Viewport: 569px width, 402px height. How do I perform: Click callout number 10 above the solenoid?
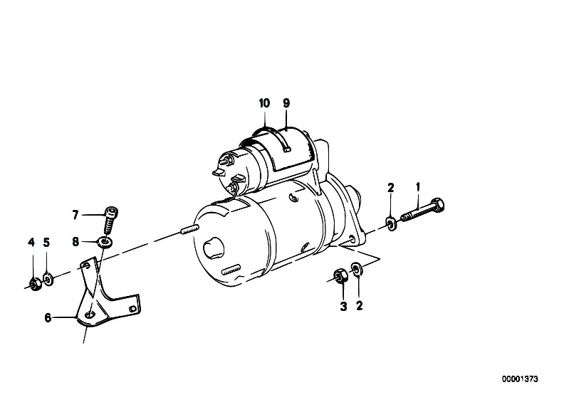point(264,103)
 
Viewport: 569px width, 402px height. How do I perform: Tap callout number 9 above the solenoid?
point(286,103)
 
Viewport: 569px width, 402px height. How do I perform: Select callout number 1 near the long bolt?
point(418,187)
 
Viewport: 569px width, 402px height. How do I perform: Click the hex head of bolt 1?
point(438,205)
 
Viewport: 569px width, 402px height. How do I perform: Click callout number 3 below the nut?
point(343,307)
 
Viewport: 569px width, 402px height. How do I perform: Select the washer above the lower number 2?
point(356,269)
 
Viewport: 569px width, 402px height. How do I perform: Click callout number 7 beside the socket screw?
point(75,215)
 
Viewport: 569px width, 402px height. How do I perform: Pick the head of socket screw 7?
point(111,212)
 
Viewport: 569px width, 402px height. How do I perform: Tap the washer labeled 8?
point(105,242)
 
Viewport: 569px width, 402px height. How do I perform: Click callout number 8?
point(75,242)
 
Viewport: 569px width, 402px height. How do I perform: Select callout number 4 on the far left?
point(31,242)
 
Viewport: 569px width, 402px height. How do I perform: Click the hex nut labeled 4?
point(35,285)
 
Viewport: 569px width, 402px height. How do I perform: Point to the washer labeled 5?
point(48,279)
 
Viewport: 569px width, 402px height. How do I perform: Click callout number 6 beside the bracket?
point(48,318)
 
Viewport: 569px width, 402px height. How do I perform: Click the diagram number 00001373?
point(520,379)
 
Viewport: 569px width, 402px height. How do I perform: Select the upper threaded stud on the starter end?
point(189,230)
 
